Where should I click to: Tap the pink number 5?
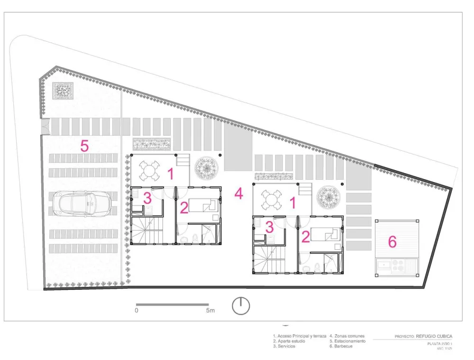pyautogui.click(x=84, y=146)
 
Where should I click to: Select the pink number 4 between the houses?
pyautogui.click(x=239, y=194)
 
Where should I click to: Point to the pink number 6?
pyautogui.click(x=392, y=242)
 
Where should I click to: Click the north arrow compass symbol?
pyautogui.click(x=241, y=305)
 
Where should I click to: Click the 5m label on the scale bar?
pyautogui.click(x=210, y=311)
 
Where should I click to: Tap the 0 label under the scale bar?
pyautogui.click(x=137, y=311)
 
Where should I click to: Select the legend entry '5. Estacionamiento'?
pyautogui.click(x=347, y=341)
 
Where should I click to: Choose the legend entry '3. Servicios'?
pyautogui.click(x=284, y=346)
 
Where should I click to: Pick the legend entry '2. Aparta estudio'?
pyautogui.click(x=289, y=341)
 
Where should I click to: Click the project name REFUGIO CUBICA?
pyautogui.click(x=434, y=336)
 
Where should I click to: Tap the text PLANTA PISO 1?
pyautogui.click(x=440, y=343)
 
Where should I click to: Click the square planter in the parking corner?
pyautogui.click(x=63, y=91)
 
